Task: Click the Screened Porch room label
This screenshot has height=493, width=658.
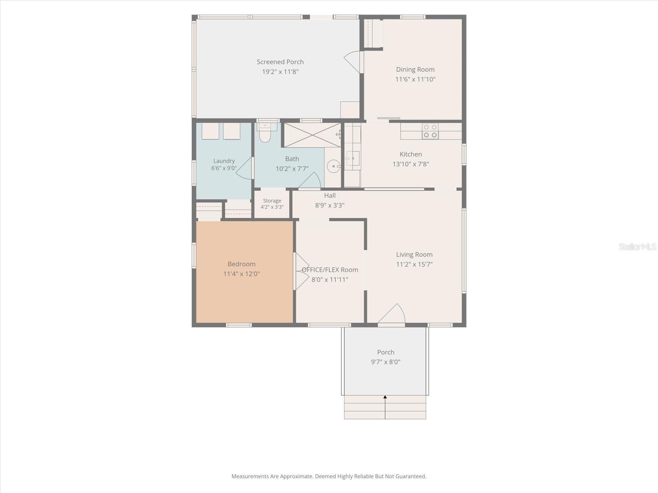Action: [x=280, y=62]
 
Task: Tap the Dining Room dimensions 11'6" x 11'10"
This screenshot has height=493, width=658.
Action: [x=415, y=79]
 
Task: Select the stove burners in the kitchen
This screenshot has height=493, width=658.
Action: [x=430, y=131]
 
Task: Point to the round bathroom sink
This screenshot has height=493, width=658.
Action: [x=334, y=166]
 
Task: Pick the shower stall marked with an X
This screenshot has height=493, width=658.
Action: [x=313, y=135]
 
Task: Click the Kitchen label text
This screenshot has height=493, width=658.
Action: [x=411, y=154]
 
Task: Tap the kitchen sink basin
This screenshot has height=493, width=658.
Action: [x=352, y=159]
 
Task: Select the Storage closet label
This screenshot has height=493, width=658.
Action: [x=272, y=201]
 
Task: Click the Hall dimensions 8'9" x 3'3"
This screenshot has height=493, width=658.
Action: [x=330, y=205]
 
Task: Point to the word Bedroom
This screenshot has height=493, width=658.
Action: [x=241, y=264]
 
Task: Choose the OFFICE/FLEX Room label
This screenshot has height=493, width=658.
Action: [x=330, y=270]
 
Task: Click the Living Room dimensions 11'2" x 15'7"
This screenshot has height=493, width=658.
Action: [x=414, y=264]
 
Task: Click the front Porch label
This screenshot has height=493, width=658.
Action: [x=385, y=352]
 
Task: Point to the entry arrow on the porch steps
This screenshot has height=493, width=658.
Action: [x=385, y=407]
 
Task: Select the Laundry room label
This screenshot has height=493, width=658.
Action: [x=224, y=161]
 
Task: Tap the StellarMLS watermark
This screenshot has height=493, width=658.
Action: [x=637, y=246]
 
